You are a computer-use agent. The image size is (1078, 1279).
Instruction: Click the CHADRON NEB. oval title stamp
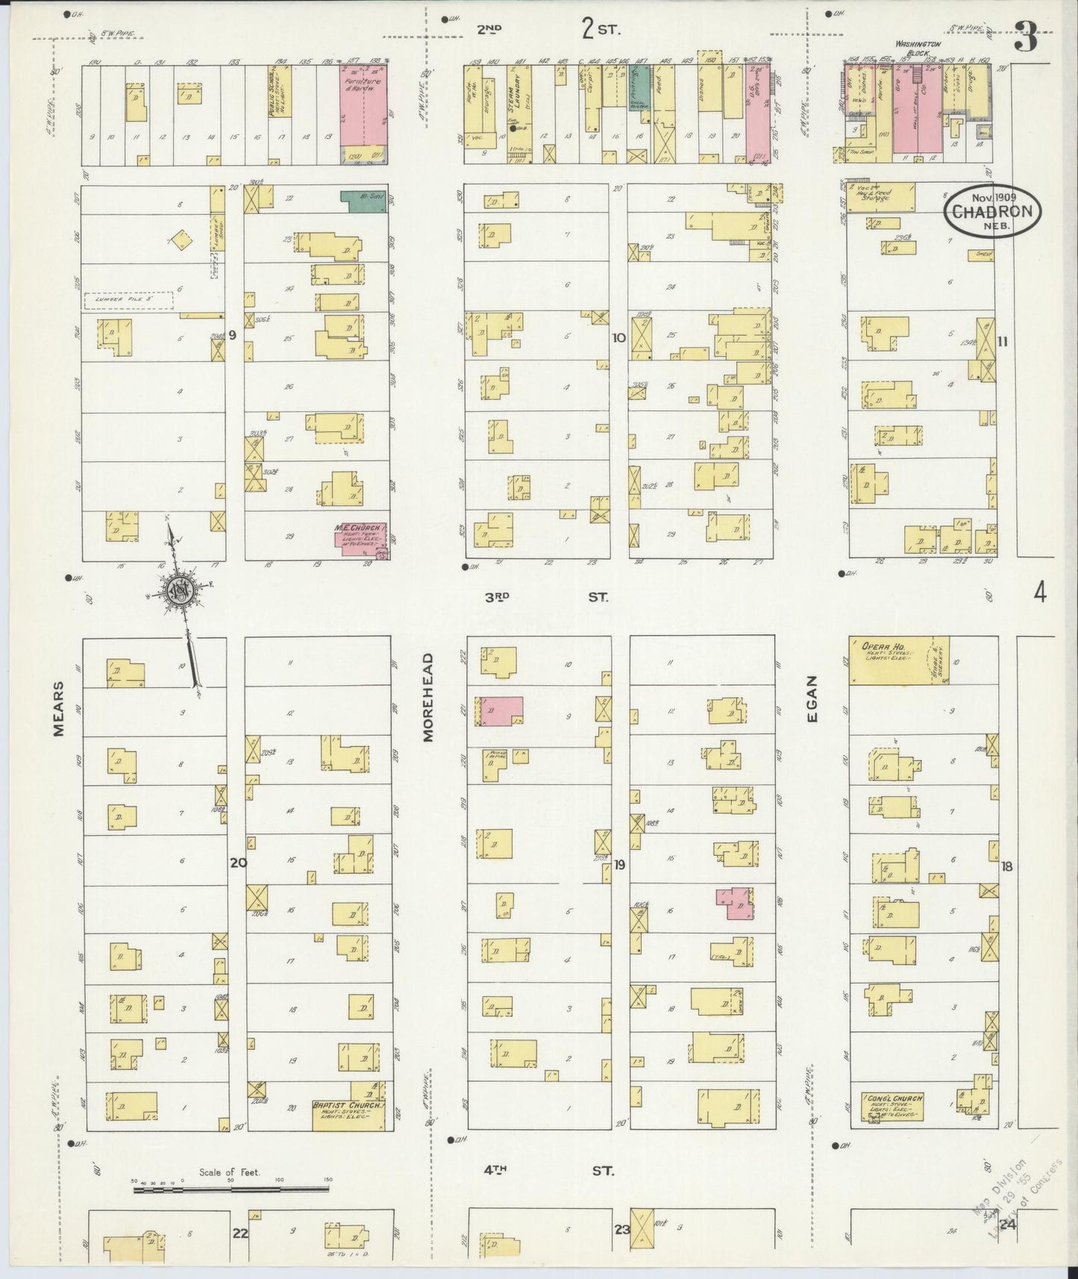coord(991,211)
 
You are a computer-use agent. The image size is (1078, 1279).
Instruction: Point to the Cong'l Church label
coord(892,1099)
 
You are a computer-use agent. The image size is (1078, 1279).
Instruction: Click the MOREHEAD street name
coord(428,698)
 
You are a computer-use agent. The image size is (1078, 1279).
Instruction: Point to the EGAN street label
coord(812,698)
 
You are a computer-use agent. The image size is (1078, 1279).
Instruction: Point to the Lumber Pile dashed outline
coord(128,301)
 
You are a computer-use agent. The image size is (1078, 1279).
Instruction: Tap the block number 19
coord(619,865)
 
